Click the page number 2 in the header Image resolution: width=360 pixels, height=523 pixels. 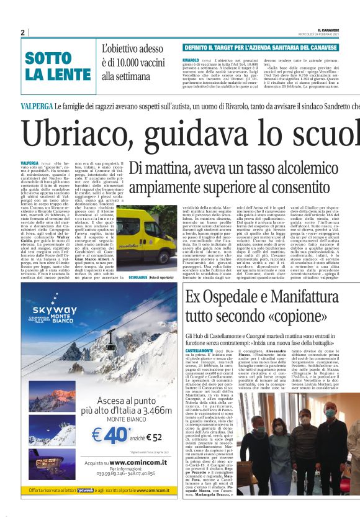tap(22, 32)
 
